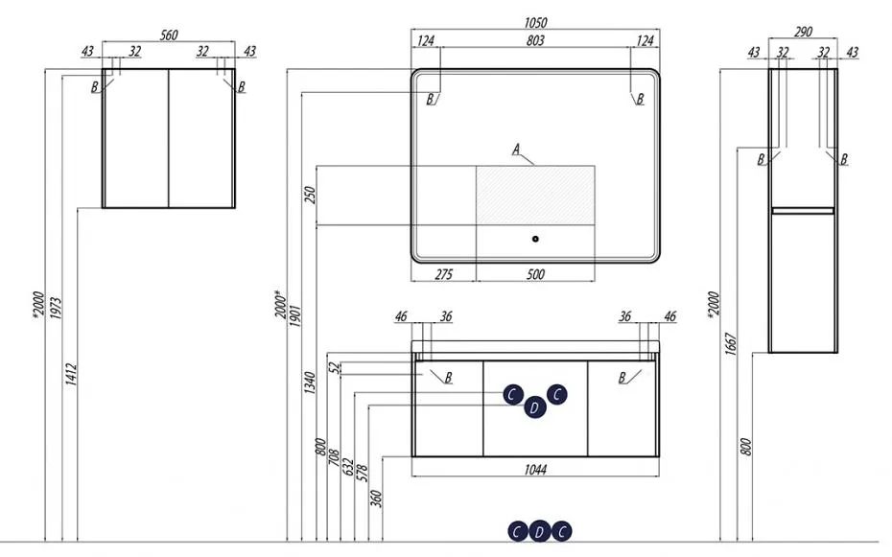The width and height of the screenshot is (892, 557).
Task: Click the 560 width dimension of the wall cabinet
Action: [x=169, y=35]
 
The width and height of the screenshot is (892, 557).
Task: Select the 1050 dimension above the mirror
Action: [x=535, y=22]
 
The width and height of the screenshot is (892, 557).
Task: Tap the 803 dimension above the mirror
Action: [x=535, y=40]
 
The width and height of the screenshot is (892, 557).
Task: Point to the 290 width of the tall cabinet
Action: [x=803, y=32]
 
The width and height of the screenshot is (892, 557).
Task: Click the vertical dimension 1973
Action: [x=56, y=308]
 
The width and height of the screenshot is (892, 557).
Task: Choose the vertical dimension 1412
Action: [x=71, y=375]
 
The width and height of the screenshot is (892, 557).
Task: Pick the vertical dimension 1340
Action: [x=310, y=383]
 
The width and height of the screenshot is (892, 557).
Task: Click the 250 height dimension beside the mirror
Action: [x=310, y=195]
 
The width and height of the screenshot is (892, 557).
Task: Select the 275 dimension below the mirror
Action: [x=444, y=274]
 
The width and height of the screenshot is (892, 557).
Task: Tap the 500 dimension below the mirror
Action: [x=535, y=274]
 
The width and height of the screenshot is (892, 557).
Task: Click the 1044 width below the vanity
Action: [x=535, y=470]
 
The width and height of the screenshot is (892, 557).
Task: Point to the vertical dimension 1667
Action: [x=731, y=344]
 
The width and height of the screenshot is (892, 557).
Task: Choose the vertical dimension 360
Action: [x=376, y=499]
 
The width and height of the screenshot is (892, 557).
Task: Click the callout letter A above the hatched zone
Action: [x=516, y=150]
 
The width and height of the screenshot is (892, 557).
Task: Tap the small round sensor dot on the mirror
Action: [x=535, y=239]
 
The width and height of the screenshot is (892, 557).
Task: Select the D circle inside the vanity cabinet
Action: [x=534, y=407]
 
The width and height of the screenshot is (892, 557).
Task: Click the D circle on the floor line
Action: [x=539, y=532]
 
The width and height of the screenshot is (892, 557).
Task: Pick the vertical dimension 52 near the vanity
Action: [x=335, y=368]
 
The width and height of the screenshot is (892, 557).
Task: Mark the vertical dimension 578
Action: [x=362, y=474]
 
